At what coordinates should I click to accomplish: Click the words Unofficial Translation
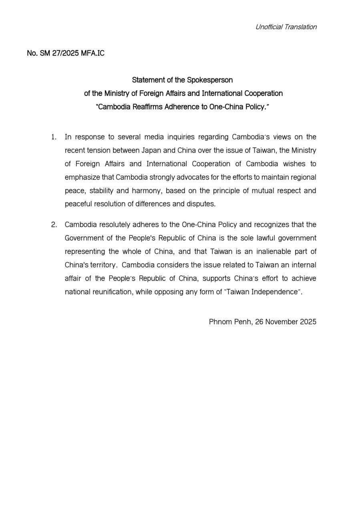click(x=286, y=27)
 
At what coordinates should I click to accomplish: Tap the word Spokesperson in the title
click(x=210, y=80)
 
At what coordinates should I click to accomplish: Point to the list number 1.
click(x=54, y=137)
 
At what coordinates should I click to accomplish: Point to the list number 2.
click(x=54, y=224)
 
